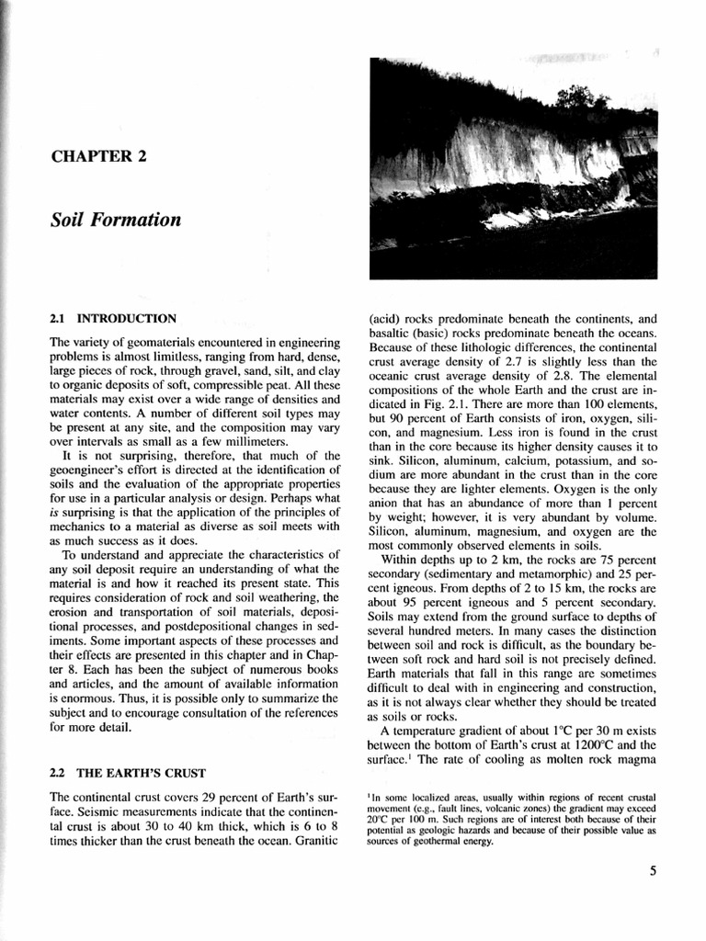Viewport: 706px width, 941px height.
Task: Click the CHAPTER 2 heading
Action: (98, 155)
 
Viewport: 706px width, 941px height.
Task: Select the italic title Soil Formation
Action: (116, 220)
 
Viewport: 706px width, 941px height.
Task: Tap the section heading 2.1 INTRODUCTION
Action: (113, 319)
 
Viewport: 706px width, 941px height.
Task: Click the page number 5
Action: (652, 872)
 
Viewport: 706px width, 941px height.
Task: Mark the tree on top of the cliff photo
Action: (577, 95)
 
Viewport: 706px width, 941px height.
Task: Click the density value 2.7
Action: (513, 362)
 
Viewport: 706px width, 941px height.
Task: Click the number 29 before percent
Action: (207, 798)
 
